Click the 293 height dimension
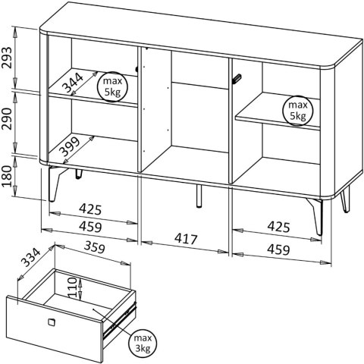tap(8, 58)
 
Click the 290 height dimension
tap(8, 119)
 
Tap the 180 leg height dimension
tap(8, 176)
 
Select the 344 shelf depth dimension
tap(73, 83)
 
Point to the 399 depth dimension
tap(69, 147)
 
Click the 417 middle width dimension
tap(186, 239)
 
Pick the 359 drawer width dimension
tap(94, 247)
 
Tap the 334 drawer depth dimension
tap(31, 258)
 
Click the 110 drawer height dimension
tap(72, 287)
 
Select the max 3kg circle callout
tap(143, 343)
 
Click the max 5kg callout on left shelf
tap(112, 86)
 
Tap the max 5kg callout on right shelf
tap(298, 111)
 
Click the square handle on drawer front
tap(52, 322)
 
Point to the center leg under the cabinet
tap(199, 196)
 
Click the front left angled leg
tap(55, 184)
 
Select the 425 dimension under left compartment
tap(90, 209)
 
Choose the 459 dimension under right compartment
tap(278, 250)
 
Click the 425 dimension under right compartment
tap(278, 227)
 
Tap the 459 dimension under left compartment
tap(90, 227)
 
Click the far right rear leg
tap(345, 199)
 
